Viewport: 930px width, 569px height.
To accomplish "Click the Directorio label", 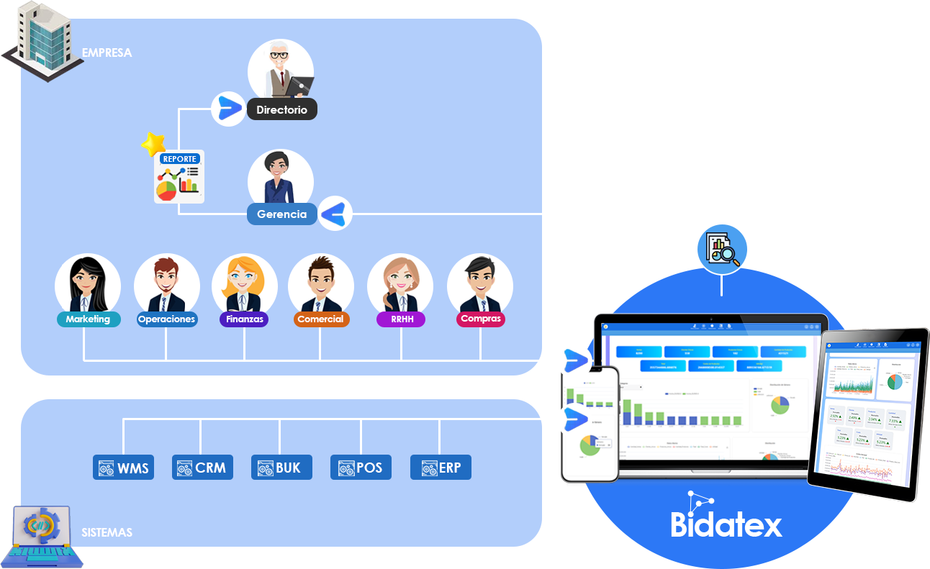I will point(281,110).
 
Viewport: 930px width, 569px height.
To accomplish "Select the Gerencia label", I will point(281,214).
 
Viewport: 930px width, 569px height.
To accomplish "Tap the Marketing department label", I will point(88,319).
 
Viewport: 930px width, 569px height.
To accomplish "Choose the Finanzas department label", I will point(244,319).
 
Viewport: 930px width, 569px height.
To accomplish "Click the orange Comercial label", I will point(321,319).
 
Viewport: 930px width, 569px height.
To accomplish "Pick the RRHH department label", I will point(401,319).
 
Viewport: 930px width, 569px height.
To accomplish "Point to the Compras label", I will point(480,319).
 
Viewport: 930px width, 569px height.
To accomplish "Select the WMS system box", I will point(124,468).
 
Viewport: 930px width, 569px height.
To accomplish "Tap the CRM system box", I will point(202,468).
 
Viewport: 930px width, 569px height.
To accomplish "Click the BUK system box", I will point(281,468).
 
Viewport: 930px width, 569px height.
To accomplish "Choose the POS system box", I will point(361,468).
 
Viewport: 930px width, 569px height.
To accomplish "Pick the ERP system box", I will point(440,468).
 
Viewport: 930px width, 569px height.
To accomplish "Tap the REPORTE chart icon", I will point(179,178).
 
